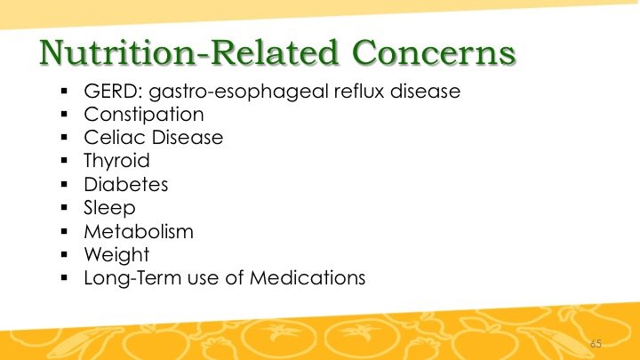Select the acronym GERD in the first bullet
coord(111,91)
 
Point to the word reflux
coord(359,91)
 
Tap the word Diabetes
coord(125,185)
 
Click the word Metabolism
coord(139,232)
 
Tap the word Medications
coord(308,278)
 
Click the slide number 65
coord(596,344)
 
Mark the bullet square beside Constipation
coord(64,115)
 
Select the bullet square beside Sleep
coord(64,208)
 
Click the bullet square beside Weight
coord(64,255)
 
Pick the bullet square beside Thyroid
coord(64,161)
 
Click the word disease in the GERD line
coord(425,91)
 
